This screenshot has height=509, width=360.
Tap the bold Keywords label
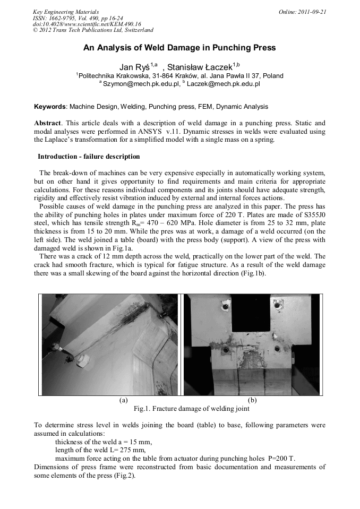pos(50,107)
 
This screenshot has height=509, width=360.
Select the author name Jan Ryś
pos(135,66)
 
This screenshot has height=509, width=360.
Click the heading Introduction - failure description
pos(89,157)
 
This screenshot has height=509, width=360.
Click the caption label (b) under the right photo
pos(252,401)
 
